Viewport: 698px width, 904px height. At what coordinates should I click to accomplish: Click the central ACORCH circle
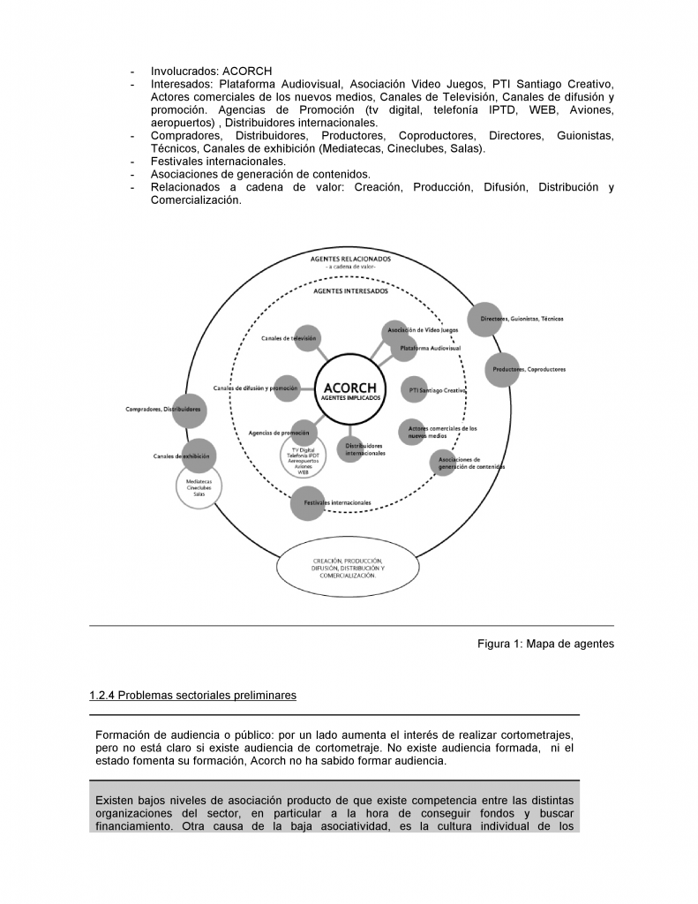click(350, 389)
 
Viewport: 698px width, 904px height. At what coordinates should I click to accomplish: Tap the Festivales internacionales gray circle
click(306, 501)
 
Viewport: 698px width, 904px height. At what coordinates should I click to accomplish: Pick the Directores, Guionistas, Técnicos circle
click(481, 319)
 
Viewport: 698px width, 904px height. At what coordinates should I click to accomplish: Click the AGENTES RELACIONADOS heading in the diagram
click(350, 260)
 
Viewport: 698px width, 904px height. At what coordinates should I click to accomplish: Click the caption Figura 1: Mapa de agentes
click(545, 644)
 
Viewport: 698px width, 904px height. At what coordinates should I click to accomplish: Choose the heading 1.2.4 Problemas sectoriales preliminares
click(192, 696)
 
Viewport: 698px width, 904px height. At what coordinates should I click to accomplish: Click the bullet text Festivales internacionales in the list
click(218, 162)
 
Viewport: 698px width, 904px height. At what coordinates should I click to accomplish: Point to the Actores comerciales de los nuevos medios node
click(415, 431)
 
